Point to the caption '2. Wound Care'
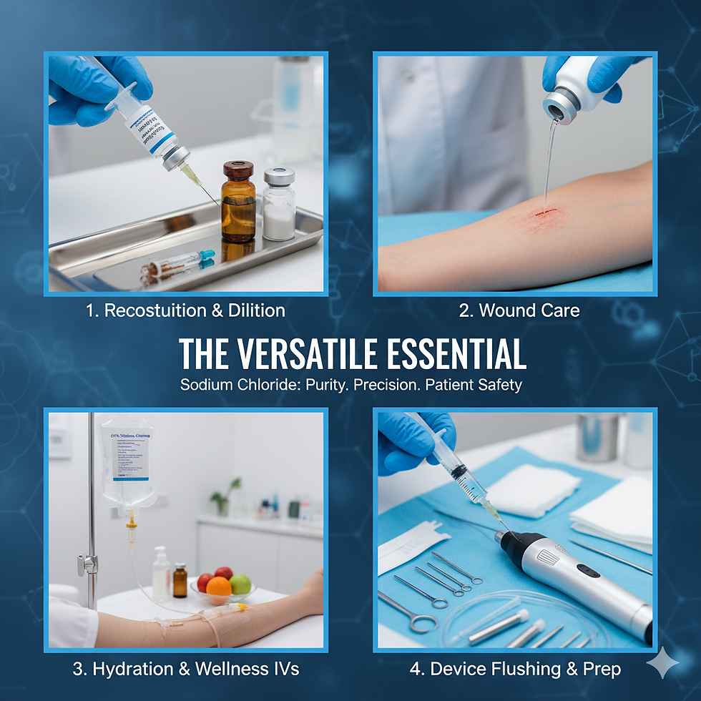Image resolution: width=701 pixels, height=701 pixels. pos(519,310)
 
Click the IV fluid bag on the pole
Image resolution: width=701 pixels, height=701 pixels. pos(127,458)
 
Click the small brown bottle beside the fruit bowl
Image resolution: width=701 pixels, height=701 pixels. pos(180,580)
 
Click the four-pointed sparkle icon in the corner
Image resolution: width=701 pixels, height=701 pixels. pos(662,663)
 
